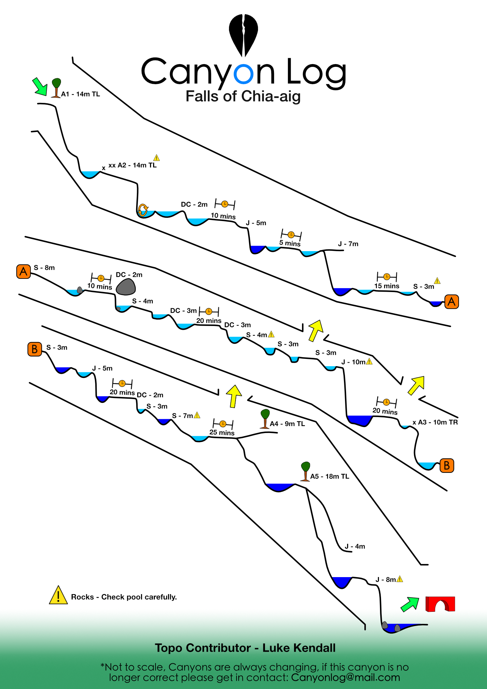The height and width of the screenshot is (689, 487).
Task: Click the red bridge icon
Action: pos(440,604)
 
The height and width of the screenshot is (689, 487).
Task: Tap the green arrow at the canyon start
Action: pos(40,87)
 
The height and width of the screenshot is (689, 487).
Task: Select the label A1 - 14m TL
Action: pos(80,94)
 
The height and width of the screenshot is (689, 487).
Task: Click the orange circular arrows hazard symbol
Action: pos(143,210)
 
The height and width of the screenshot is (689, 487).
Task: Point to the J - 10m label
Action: pos(353,362)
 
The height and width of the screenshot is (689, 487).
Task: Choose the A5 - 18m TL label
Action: pos(329,476)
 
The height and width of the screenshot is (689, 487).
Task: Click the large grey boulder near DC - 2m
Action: pos(125,287)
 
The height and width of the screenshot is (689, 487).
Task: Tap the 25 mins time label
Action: pos(222,433)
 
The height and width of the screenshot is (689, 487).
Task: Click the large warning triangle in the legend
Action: pos(58,595)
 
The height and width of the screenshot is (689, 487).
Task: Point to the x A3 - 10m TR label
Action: pos(435,422)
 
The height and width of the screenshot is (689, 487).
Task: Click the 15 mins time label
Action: pos(387,286)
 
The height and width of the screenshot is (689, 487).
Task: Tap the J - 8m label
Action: pos(386,580)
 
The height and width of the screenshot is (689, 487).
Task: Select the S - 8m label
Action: pos(44,268)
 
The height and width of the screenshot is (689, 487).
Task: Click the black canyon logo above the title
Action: pos(244,35)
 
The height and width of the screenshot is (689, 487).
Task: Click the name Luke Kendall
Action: pos(299,648)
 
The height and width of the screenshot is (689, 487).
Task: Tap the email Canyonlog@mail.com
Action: pos(345,677)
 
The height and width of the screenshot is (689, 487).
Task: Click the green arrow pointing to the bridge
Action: pos(410,604)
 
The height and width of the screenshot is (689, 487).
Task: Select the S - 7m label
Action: pos(183,416)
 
